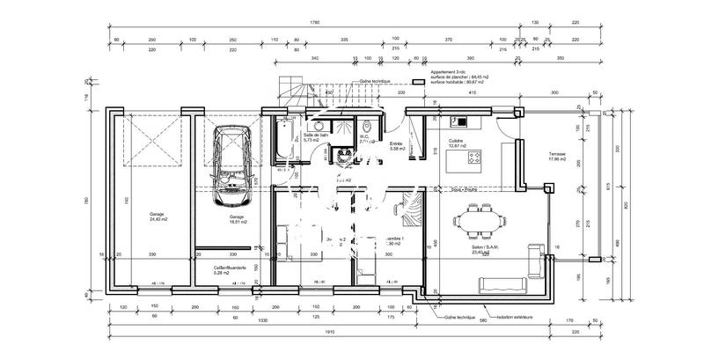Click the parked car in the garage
pyautogui.click(x=231, y=161)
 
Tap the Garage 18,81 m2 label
pyautogui.click(x=237, y=219)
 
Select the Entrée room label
pyautogui.click(x=398, y=146)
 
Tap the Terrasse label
pyautogui.click(x=559, y=156)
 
